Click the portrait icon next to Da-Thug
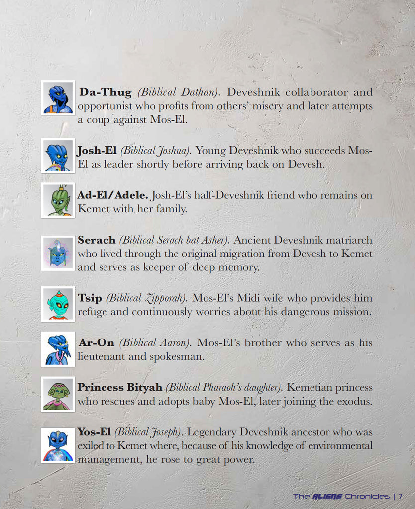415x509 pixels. [x=58, y=98]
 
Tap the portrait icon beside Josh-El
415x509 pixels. [x=58, y=156]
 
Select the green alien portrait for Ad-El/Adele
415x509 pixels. [x=58, y=200]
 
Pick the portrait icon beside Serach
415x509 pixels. [x=58, y=254]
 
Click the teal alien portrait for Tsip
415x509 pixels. [x=58, y=304]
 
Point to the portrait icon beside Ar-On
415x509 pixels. [x=58, y=349]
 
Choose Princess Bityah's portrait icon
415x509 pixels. [x=58, y=394]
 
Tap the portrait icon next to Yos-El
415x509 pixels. [x=58, y=445]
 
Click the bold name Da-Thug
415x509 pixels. [x=106, y=92]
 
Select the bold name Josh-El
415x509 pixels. [x=97, y=150]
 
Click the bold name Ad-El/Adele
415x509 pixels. [x=113, y=195]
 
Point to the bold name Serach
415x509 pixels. [x=97, y=240]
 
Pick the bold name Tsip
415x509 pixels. [x=90, y=298]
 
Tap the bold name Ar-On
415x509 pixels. [x=97, y=343]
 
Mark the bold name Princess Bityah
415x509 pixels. [x=120, y=387]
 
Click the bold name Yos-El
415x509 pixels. [x=95, y=432]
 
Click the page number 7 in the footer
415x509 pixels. [x=400, y=496]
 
